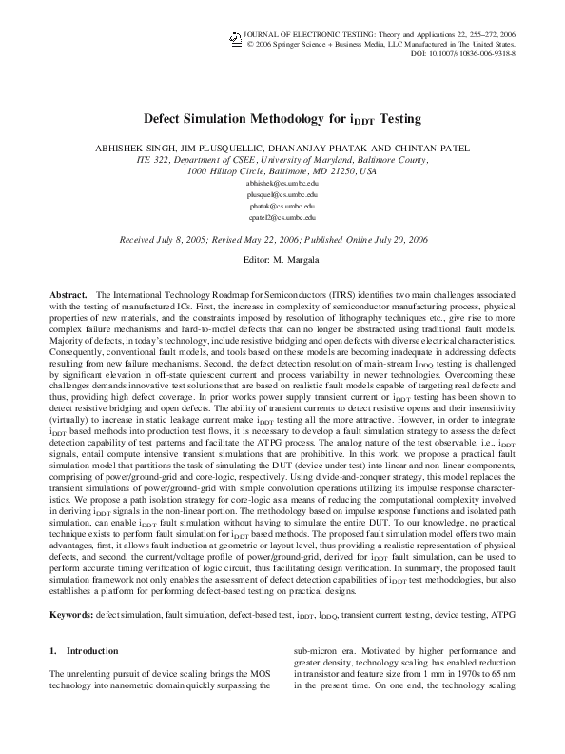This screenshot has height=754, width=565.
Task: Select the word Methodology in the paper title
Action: [256, 121]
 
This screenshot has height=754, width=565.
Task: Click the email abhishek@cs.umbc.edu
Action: [282, 181]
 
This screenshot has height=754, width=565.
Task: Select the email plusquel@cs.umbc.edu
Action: [282, 193]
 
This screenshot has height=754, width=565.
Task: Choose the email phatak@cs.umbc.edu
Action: [282, 206]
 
